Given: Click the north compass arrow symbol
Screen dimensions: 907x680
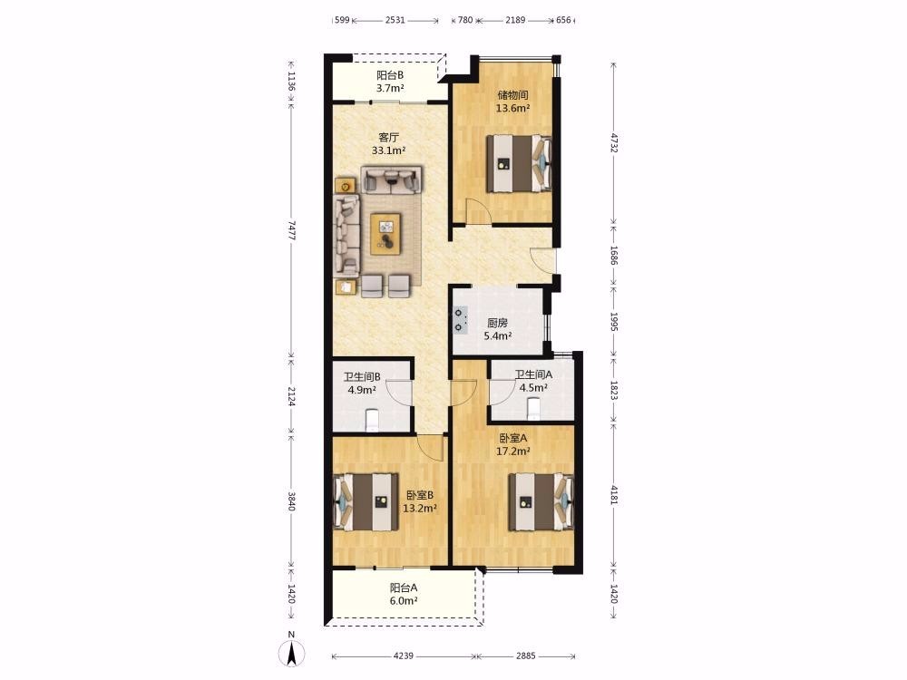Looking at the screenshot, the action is (x=291, y=654).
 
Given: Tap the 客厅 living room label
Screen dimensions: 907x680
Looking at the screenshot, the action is (x=388, y=138).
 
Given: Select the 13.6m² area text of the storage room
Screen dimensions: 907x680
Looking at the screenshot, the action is (x=512, y=108).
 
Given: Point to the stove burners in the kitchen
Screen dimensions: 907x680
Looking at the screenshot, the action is (x=460, y=320).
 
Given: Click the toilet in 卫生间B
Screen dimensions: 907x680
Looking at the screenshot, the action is (x=373, y=420).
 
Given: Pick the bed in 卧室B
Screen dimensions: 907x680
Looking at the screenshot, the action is (x=366, y=502).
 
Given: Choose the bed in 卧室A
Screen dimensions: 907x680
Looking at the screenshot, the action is (x=541, y=502).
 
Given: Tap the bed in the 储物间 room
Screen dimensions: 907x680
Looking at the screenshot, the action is (x=519, y=163).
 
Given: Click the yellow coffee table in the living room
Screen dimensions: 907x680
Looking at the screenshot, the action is (x=385, y=234).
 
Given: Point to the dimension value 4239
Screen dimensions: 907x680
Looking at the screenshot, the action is (x=404, y=656).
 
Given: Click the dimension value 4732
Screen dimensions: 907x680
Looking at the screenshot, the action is (x=614, y=143).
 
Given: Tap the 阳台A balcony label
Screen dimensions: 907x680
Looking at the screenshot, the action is (x=404, y=588).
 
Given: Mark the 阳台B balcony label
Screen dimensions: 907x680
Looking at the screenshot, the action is (x=390, y=75).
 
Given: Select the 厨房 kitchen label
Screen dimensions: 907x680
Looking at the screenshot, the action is (x=497, y=323).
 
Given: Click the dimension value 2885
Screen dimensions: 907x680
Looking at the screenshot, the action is (x=526, y=656).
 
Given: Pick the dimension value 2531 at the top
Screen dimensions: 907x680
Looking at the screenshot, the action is (x=395, y=20).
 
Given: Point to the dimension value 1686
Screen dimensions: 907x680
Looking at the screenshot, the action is (x=614, y=255).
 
